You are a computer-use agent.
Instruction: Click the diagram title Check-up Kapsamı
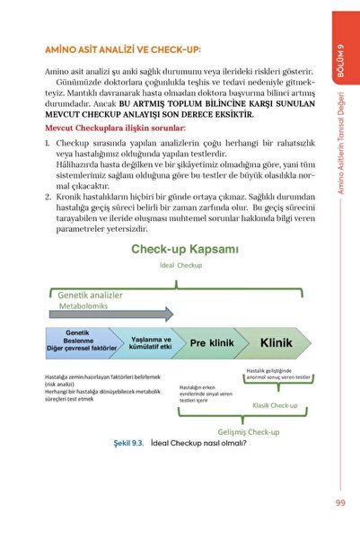point(186,249)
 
